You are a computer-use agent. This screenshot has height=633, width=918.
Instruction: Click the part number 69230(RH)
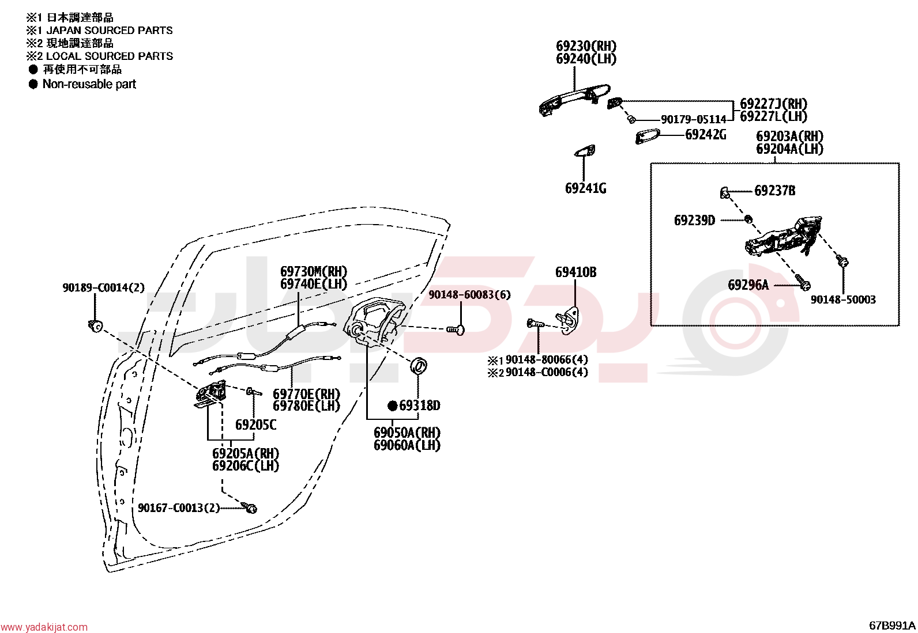(586, 46)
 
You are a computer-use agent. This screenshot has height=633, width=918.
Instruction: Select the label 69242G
(706, 135)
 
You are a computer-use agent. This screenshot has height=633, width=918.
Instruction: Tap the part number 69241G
(586, 188)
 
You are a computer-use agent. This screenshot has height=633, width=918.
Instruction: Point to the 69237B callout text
(774, 191)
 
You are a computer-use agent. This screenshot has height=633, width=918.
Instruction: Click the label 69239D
(694, 221)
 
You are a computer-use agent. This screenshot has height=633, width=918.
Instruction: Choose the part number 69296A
(748, 285)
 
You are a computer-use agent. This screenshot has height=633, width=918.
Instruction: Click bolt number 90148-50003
(843, 300)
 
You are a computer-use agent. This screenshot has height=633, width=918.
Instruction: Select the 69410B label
(576, 272)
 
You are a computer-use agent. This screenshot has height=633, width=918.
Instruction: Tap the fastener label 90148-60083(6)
(469, 295)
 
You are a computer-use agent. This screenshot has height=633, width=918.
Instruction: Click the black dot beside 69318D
(393, 405)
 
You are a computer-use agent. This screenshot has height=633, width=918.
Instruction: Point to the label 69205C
(255, 425)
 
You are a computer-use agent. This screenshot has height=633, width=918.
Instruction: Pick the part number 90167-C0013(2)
(179, 508)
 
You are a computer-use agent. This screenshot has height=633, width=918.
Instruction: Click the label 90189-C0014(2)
(104, 287)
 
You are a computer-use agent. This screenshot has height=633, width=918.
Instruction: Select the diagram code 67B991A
(892, 626)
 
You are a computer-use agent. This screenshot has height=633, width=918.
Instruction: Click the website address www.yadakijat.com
(44, 627)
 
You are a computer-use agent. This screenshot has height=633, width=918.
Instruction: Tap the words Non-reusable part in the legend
(89, 84)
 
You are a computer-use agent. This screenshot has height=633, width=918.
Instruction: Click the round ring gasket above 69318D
(419, 365)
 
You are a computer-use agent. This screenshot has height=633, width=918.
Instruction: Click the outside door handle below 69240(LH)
(574, 100)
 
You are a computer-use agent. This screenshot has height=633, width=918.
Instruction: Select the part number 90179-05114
(694, 120)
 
